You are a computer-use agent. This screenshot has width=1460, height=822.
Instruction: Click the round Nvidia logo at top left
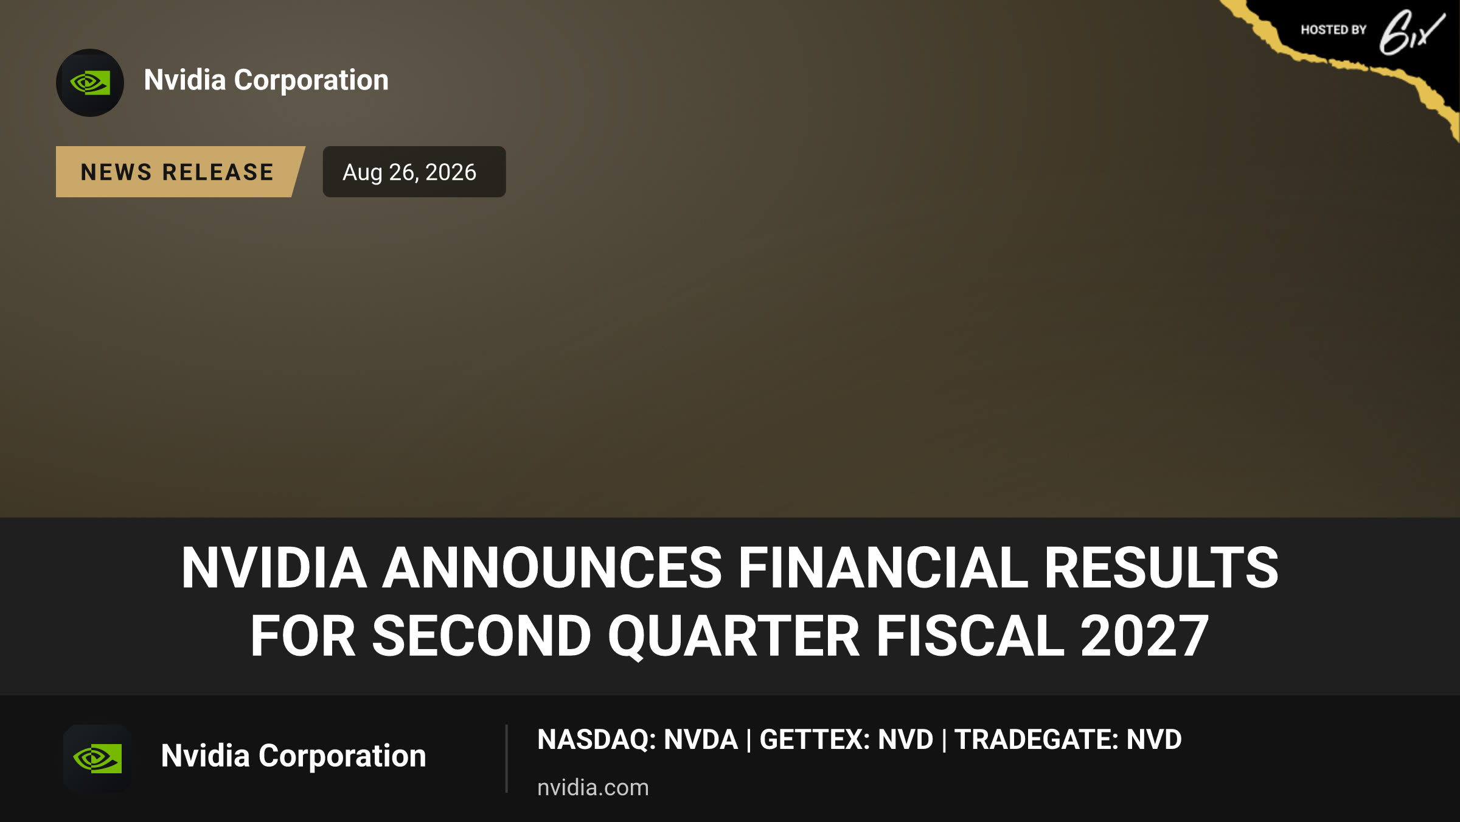pos(90,83)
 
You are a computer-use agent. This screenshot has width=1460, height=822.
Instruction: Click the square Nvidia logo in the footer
pos(97,758)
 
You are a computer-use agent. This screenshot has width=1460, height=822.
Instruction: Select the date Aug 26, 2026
pos(409,172)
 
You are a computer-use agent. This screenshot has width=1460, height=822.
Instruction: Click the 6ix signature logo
pos(1411,32)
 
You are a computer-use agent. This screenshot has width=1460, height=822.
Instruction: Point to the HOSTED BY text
pos(1333,30)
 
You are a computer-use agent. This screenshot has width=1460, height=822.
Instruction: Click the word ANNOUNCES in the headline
pos(552,567)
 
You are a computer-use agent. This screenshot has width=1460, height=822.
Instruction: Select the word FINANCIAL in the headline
pos(883,567)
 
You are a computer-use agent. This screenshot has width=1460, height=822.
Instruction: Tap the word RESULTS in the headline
pos(1161,567)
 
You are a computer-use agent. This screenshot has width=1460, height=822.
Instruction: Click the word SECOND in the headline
pos(481,636)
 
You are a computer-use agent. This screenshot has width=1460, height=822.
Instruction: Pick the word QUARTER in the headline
pos(734,636)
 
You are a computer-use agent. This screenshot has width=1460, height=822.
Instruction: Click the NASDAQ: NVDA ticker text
pos(638,739)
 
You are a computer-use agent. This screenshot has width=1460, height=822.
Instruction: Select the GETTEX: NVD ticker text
pos(846,739)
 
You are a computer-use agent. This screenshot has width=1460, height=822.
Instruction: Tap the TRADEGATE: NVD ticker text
pos(1068,739)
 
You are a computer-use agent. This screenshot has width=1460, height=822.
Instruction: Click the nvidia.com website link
pos(593,787)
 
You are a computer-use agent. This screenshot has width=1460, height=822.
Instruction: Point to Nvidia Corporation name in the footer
pos(293,756)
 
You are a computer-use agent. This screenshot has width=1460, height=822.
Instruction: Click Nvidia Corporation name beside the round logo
pos(266,80)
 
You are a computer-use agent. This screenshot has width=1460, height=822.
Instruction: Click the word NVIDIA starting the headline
pos(274,567)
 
